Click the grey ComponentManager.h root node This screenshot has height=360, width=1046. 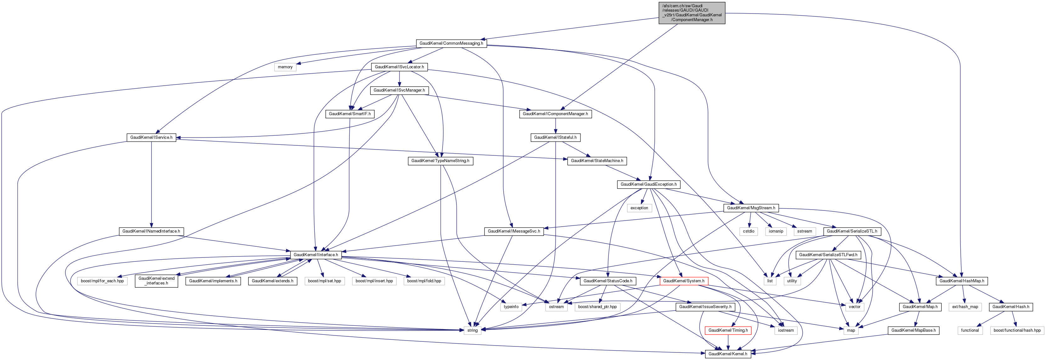(x=692, y=13)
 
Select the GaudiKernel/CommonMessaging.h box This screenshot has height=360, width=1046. (x=451, y=43)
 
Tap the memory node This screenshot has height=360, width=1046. (x=285, y=67)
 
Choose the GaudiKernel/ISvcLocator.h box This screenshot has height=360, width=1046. (x=399, y=67)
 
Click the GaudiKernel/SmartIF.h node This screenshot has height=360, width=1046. (x=350, y=114)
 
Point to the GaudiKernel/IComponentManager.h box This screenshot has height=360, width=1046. (x=555, y=114)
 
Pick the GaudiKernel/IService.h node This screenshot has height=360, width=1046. (x=151, y=138)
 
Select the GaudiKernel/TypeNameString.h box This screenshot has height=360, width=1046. (x=440, y=161)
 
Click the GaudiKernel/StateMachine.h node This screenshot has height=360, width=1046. (x=597, y=161)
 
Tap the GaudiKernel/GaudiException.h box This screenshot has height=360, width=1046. (x=648, y=185)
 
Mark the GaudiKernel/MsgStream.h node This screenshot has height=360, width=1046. (x=751, y=208)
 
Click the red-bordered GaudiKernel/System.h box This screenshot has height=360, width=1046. (x=684, y=281)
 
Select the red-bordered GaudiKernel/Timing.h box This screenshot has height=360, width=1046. (x=728, y=330)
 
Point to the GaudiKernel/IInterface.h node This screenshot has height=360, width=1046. (x=315, y=255)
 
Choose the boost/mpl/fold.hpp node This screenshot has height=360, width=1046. (x=424, y=281)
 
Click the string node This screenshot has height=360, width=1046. (x=472, y=330)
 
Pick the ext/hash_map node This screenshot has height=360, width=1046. (x=965, y=307)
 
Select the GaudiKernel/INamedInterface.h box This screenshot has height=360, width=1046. (x=151, y=231)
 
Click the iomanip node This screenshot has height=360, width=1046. (x=776, y=231)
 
